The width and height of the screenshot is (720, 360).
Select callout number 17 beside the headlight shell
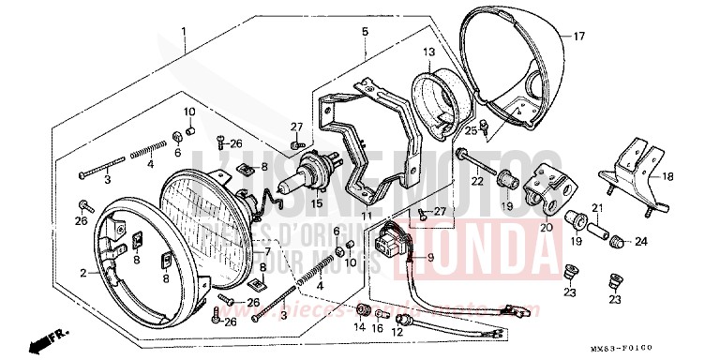[578, 37]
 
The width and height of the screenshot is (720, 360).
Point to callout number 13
[428, 52]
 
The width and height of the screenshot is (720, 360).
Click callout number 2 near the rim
[83, 273]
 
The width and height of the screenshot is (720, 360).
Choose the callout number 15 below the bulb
[317, 202]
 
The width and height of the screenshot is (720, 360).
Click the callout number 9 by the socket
[431, 258]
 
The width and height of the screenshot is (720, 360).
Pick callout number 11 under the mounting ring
[367, 217]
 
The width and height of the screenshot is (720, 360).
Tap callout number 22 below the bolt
[477, 181]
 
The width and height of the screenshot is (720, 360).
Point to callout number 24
[640, 242]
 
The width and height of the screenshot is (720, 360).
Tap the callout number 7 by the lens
[267, 252]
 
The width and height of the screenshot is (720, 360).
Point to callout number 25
[471, 130]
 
